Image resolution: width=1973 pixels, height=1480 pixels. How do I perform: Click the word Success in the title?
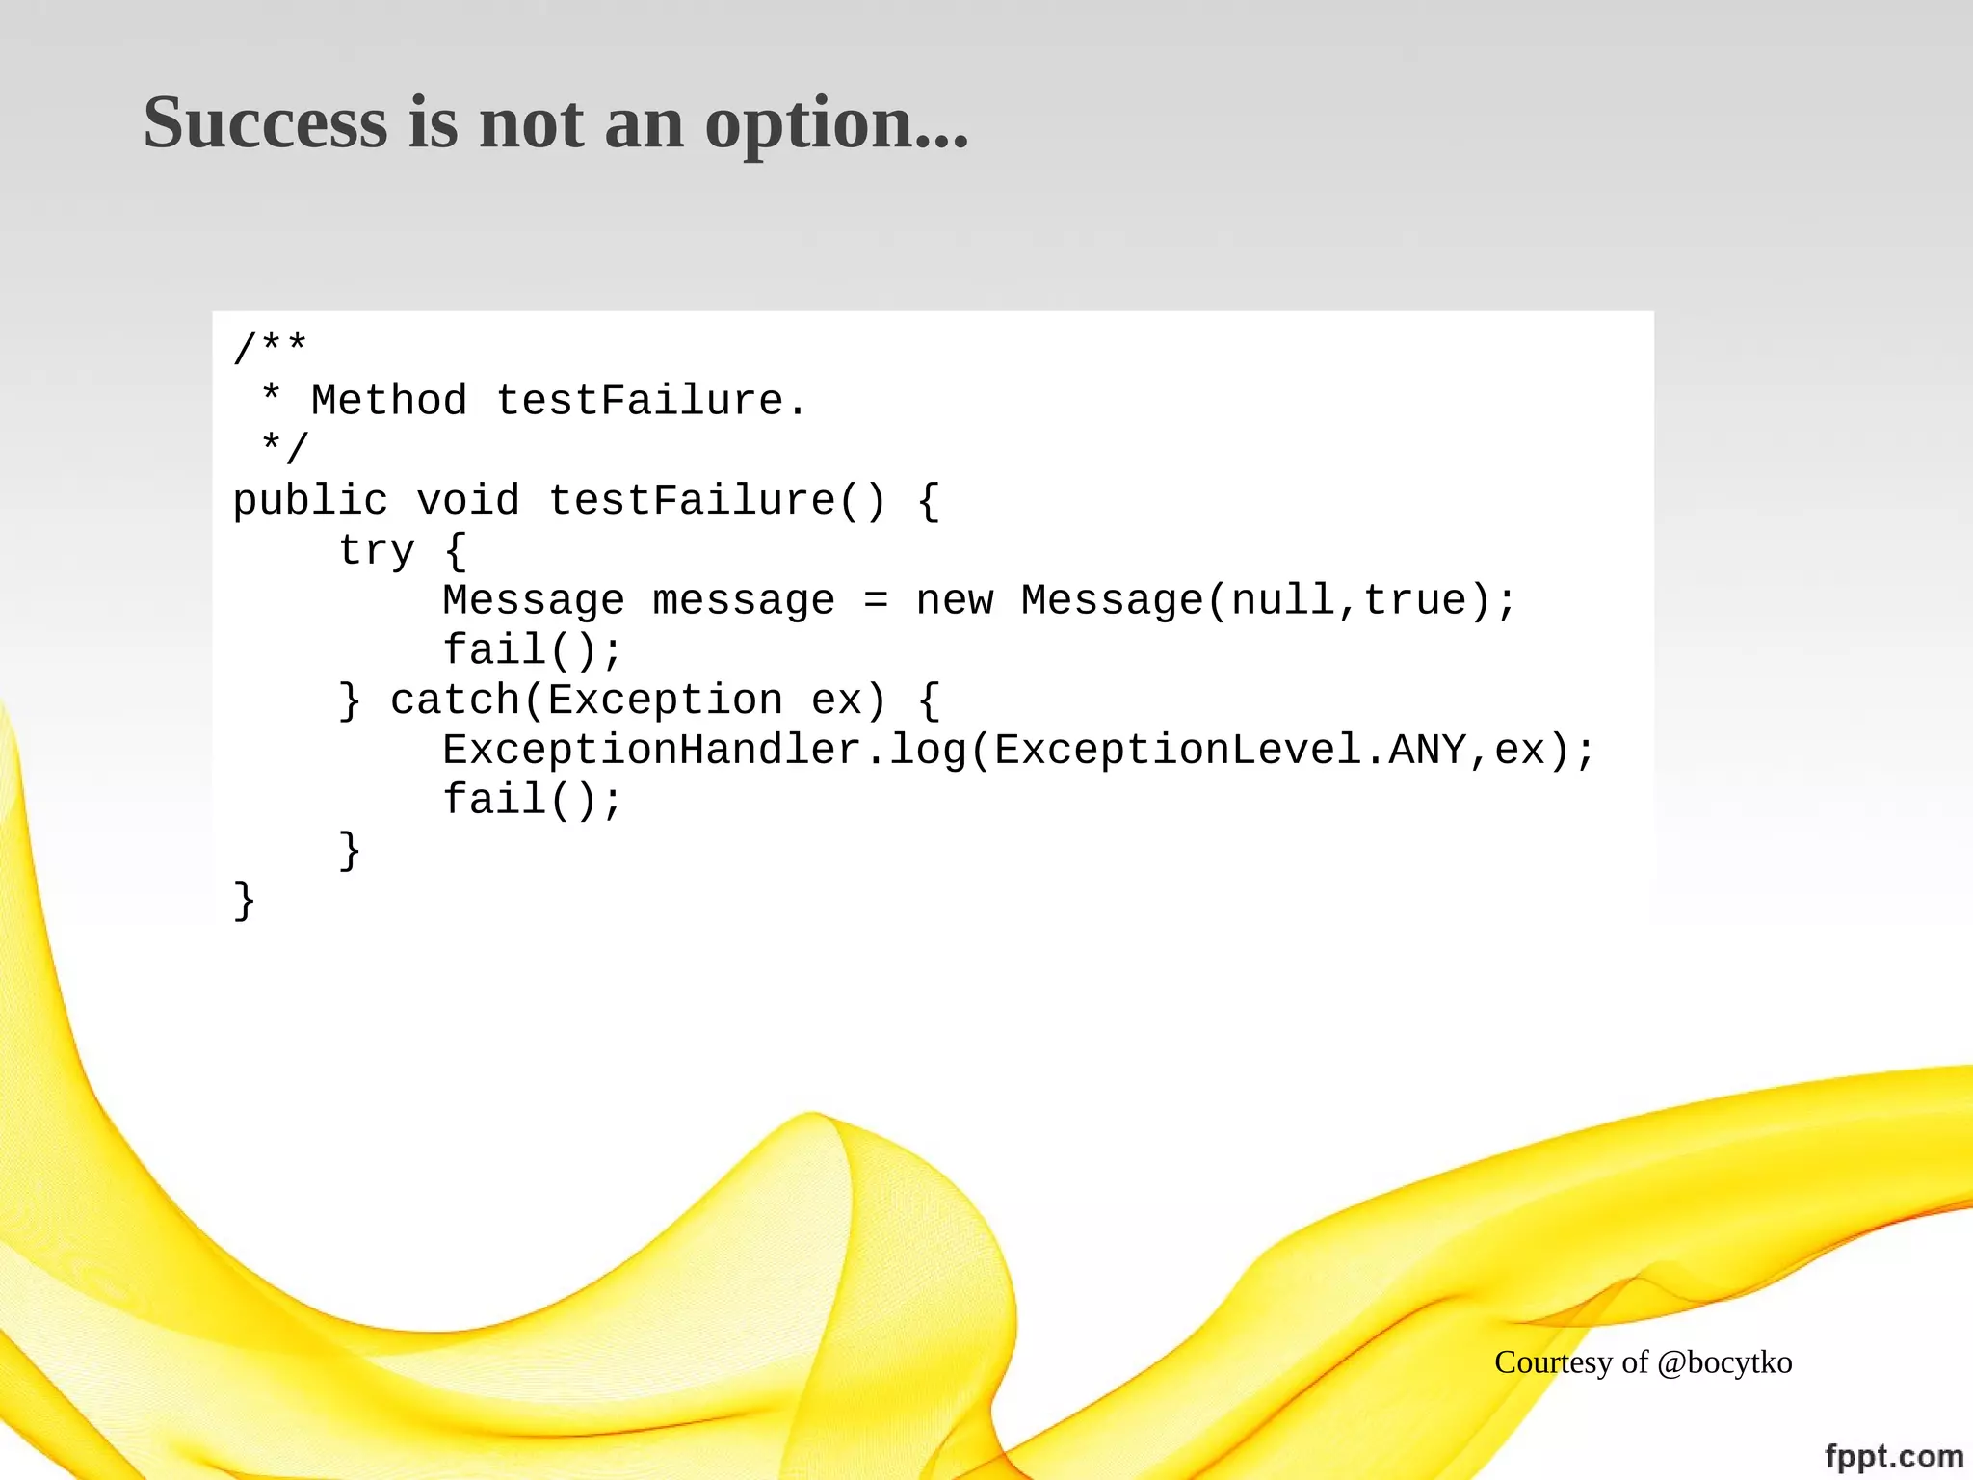pos(265,123)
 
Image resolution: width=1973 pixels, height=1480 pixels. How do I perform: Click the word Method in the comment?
pos(389,400)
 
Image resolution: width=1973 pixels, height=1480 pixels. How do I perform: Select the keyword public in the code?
pos(310,501)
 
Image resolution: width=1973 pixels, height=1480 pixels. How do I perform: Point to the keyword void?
pos(468,501)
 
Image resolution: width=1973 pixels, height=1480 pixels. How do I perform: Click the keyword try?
pos(377,551)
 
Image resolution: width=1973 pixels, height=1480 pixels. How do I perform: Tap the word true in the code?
pos(1415,600)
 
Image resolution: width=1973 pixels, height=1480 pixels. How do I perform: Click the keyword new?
pos(954,600)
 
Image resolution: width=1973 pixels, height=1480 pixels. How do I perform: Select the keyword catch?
pos(455,700)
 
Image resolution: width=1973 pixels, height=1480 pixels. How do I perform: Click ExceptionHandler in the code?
pos(652,751)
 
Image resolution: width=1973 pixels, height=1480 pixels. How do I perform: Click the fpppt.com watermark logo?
pos(1893,1456)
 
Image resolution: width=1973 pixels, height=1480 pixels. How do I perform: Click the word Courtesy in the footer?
pos(1553,1362)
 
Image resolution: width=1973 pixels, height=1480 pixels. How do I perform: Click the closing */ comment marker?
pos(284,449)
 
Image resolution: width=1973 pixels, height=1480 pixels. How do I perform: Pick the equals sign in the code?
pos(875,600)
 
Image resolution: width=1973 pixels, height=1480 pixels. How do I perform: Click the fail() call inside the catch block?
pos(532,800)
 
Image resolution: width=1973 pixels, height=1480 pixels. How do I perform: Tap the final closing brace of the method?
pos(245,901)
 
